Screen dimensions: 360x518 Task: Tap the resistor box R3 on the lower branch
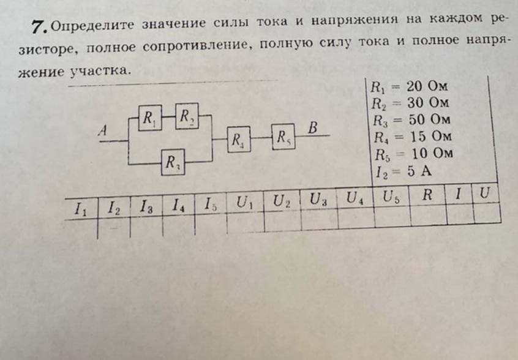click(172, 162)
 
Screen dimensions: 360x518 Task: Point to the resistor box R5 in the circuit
click(282, 137)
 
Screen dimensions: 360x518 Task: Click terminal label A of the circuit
click(103, 130)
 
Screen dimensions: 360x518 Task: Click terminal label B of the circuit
click(313, 129)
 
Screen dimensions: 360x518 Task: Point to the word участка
click(100, 71)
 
